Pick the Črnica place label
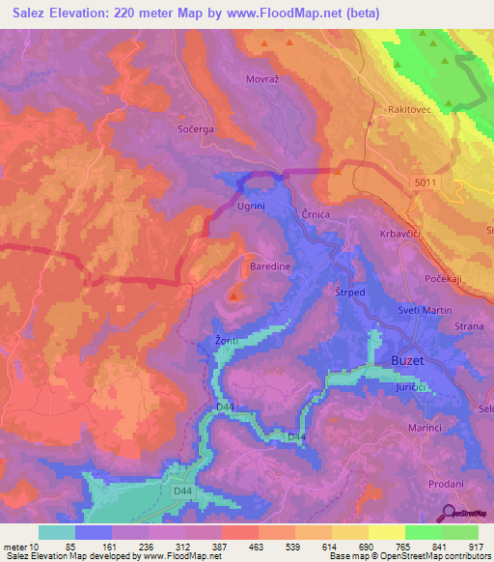pos(315,214)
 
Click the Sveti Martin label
pos(425,310)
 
